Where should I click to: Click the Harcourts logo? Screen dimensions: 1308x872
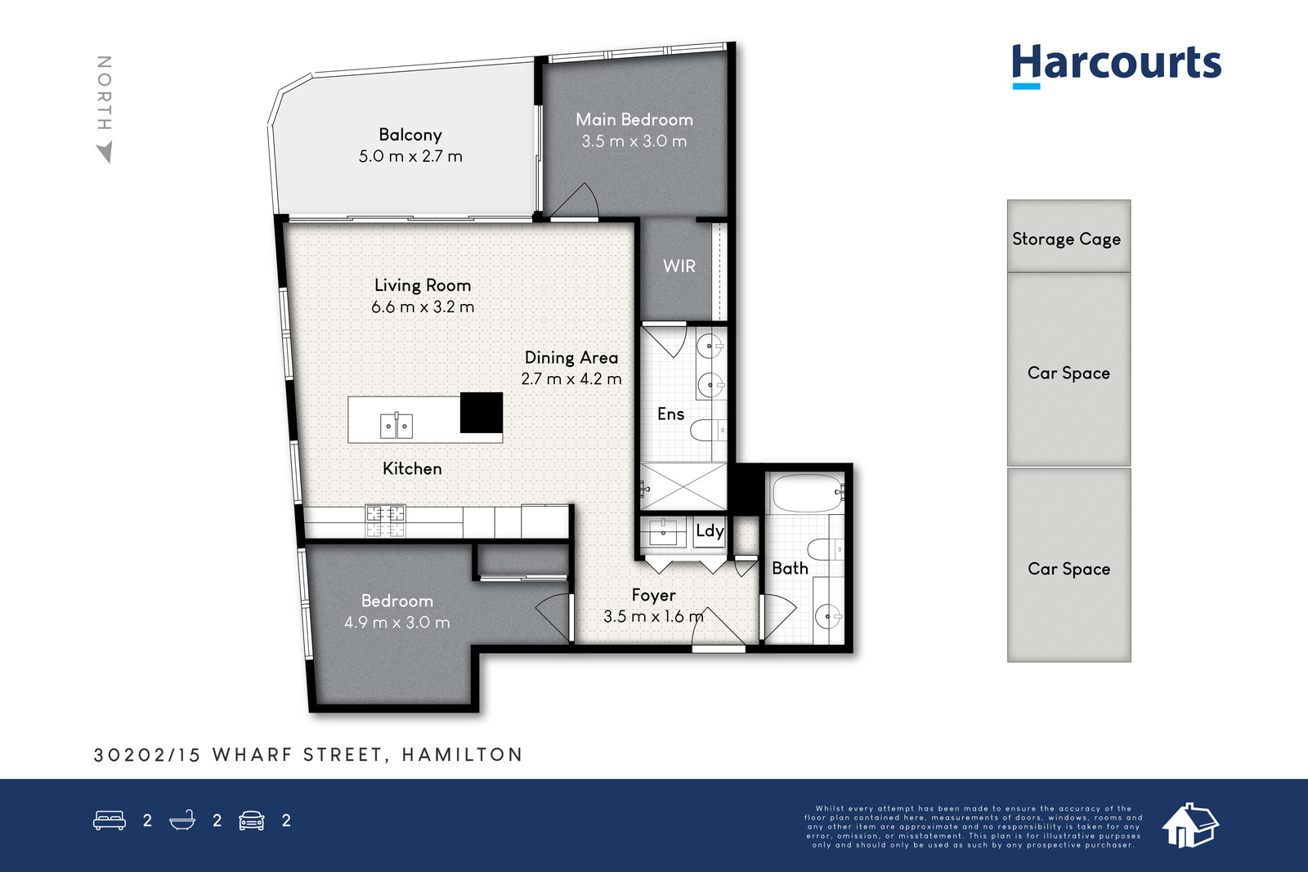(1117, 66)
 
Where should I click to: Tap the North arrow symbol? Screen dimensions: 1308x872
(105, 152)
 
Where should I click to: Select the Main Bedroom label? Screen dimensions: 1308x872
(634, 119)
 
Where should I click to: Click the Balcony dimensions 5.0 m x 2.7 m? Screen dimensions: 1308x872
(410, 156)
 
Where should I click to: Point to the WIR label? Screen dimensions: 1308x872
(679, 266)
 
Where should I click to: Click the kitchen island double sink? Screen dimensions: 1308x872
(396, 426)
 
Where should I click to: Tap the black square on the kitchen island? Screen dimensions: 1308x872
(482, 413)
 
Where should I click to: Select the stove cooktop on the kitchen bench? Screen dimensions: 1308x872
(385, 521)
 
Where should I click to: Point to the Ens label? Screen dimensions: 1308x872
(670, 414)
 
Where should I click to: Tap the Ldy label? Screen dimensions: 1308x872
(710, 531)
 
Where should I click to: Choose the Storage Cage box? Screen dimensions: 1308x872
(1068, 236)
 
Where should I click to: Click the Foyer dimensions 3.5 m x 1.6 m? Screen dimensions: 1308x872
(653, 616)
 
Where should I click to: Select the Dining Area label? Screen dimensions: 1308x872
(571, 358)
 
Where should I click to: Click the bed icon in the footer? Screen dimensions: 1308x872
(110, 820)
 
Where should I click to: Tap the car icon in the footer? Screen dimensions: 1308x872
(252, 821)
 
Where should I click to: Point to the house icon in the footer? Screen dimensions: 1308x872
(1189, 825)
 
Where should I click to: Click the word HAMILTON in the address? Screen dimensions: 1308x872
(462, 754)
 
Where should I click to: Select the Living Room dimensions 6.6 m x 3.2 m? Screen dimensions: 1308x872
(423, 307)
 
